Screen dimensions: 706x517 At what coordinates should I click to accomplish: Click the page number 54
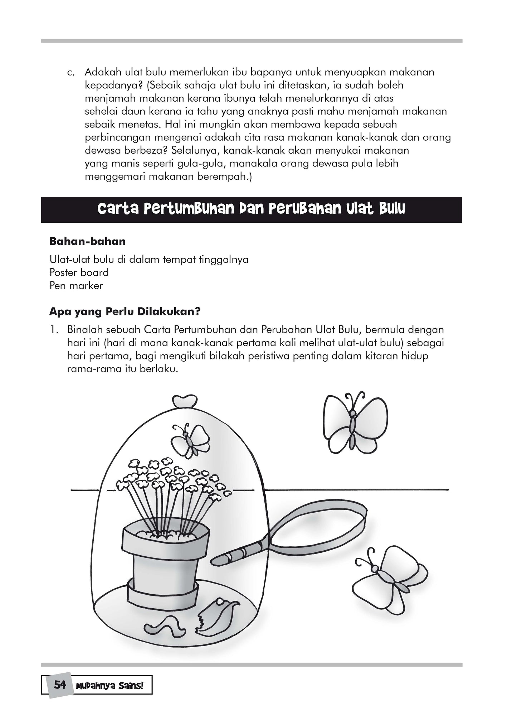[60, 685]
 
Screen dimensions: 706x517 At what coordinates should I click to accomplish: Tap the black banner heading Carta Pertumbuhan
[251, 209]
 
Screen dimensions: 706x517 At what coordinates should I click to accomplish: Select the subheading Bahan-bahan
[88, 241]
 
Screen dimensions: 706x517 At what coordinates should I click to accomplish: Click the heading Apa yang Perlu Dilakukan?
[125, 311]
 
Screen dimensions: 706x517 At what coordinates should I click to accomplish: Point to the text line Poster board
[79, 272]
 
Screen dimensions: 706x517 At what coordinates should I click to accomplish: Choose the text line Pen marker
[76, 286]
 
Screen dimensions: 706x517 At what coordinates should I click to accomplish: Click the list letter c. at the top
[72, 72]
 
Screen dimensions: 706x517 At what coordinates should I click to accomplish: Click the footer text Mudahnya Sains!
[109, 685]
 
